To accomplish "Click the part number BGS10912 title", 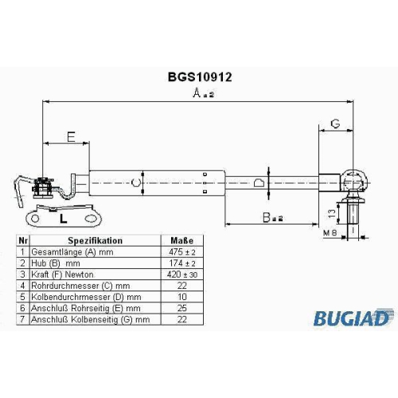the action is pyautogui.click(x=200, y=77).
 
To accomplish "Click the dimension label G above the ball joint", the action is pyautogui.click(x=335, y=123).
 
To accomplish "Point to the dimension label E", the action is pyautogui.click(x=71, y=137).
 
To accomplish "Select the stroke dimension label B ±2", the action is pyautogui.click(x=272, y=217).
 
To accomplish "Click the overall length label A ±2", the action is pyautogui.click(x=203, y=93).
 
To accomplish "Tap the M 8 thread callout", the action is pyautogui.click(x=330, y=233).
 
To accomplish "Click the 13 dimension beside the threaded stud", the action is pyautogui.click(x=332, y=213).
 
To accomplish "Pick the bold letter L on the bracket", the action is pyautogui.click(x=63, y=219).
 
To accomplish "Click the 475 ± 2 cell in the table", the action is pyautogui.click(x=182, y=252).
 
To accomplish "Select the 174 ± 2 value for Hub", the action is pyautogui.click(x=182, y=263).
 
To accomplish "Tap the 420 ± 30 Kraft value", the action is pyautogui.click(x=182, y=275).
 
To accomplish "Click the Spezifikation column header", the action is pyautogui.click(x=96, y=240).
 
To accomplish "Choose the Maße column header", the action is pyautogui.click(x=182, y=240).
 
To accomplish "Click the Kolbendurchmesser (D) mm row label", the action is pyautogui.click(x=86, y=297).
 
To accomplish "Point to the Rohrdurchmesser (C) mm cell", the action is pyautogui.click(x=80, y=286).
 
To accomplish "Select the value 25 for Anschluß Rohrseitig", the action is pyautogui.click(x=182, y=308).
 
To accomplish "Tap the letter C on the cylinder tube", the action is pyautogui.click(x=136, y=183).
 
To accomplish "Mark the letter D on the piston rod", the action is pyautogui.click(x=259, y=183).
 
